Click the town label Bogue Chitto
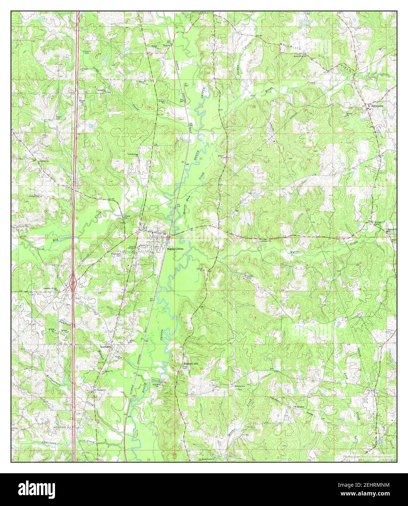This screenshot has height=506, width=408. [x=175, y=249]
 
